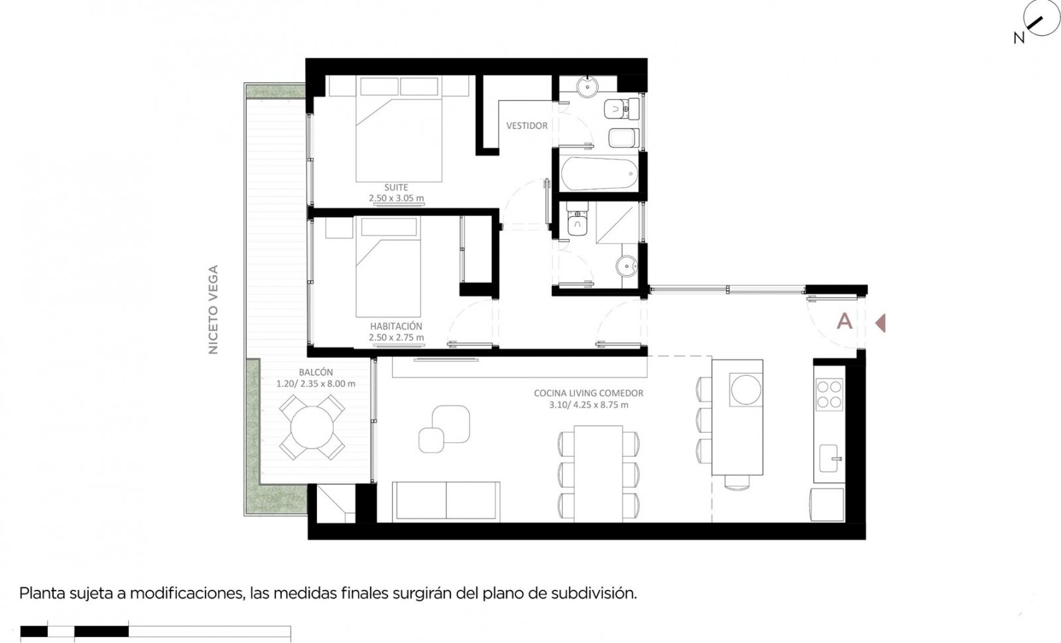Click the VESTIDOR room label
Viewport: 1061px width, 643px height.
tap(527, 125)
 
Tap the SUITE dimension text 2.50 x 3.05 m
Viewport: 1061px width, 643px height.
tap(397, 198)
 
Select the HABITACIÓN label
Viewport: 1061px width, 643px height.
tap(396, 326)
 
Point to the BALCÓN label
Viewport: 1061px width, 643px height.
tap(316, 372)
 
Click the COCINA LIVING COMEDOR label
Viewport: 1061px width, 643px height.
tap(588, 393)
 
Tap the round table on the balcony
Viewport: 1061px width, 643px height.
tap(312, 427)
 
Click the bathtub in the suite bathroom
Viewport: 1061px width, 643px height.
tap(599, 174)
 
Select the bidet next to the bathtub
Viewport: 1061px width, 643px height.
tap(624, 138)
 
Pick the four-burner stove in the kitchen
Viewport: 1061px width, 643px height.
tap(830, 394)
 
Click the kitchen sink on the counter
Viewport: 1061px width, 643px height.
tap(830, 458)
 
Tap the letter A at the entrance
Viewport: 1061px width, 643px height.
tap(845, 321)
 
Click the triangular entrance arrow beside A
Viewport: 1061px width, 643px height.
tap(881, 323)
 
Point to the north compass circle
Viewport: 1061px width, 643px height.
tap(1041, 17)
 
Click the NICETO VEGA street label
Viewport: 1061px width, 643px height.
tap(213, 309)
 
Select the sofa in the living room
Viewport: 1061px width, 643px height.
tap(446, 502)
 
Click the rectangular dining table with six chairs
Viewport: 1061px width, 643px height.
tap(598, 474)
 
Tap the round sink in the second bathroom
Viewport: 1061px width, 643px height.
tap(627, 266)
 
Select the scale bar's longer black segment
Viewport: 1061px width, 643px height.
tap(101, 631)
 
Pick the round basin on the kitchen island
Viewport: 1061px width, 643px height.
tap(746, 390)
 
